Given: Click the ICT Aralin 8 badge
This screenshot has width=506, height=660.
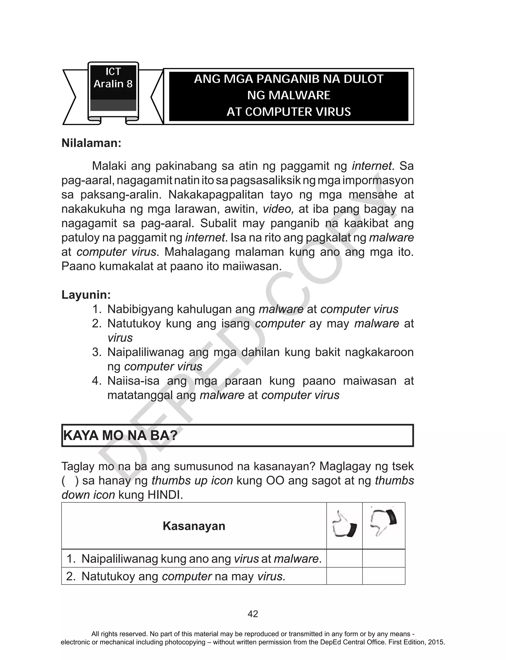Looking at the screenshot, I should [x=113, y=87].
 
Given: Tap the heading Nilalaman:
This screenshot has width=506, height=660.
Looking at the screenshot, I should [x=91, y=143].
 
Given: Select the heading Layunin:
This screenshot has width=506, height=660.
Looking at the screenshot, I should [x=86, y=295].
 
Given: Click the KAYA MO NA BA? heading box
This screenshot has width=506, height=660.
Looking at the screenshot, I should [x=237, y=435].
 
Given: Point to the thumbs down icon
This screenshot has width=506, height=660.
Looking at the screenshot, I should [x=383, y=522].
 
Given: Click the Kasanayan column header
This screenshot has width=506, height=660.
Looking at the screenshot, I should [x=194, y=526].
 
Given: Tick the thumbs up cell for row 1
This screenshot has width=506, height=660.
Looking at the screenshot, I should [x=344, y=558].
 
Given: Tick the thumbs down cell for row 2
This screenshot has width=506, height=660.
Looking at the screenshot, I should [x=383, y=576].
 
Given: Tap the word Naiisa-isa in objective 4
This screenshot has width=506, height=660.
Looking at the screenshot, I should [x=133, y=381].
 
